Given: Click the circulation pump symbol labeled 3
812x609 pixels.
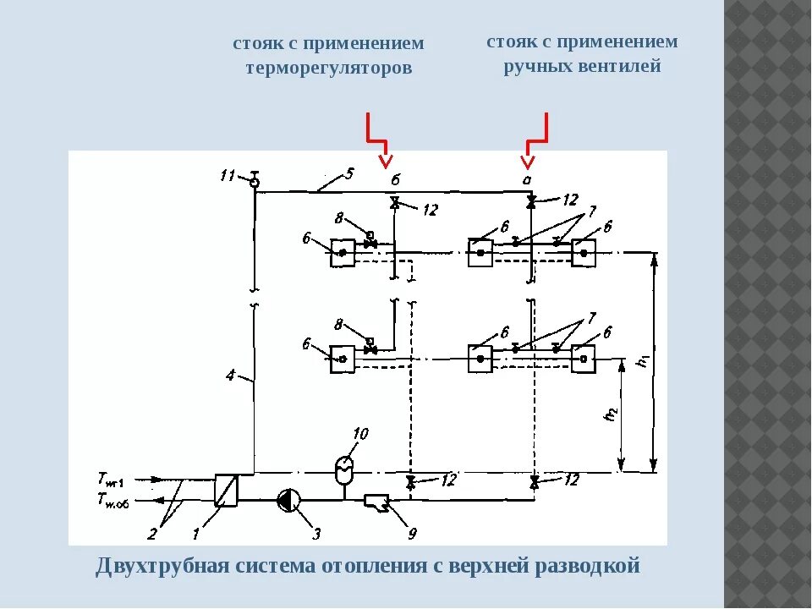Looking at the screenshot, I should [x=288, y=501].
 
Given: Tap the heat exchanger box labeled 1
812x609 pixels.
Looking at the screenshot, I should [x=226, y=490].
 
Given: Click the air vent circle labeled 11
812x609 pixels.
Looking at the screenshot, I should [x=254, y=183].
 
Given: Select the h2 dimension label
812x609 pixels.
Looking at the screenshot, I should [x=612, y=415].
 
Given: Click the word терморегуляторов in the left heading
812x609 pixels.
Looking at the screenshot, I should [x=329, y=69].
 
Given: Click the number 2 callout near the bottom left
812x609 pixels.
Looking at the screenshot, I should [x=153, y=534].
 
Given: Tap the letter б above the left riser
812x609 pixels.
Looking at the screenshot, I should [x=394, y=180].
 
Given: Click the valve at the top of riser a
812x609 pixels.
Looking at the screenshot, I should [x=531, y=202].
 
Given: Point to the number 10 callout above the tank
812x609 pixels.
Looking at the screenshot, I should [x=360, y=435].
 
